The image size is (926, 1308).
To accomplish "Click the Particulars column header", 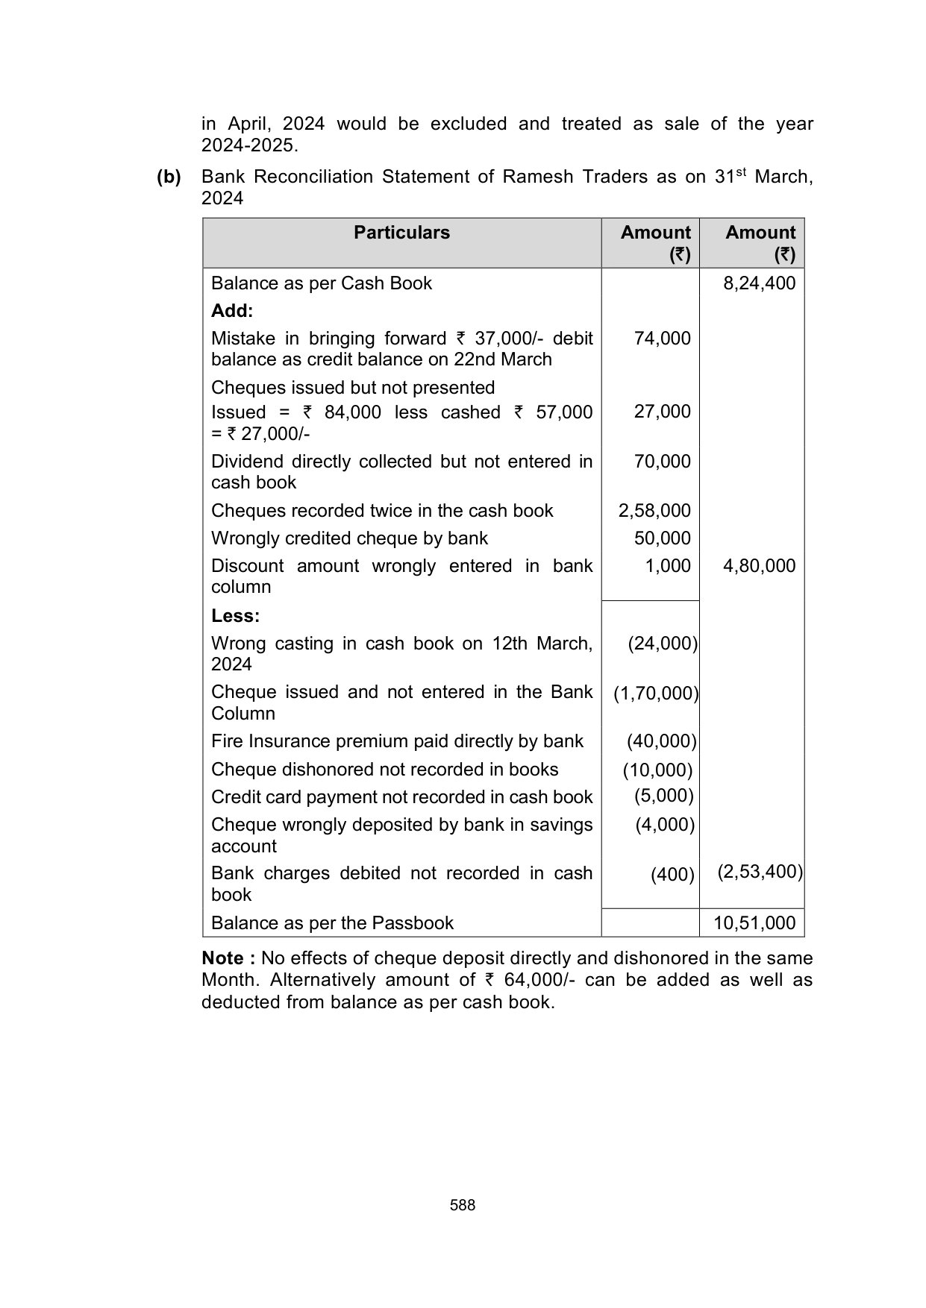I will click(x=401, y=233).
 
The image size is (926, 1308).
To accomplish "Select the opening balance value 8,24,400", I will click(x=759, y=283).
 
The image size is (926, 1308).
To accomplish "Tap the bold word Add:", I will click(x=232, y=310).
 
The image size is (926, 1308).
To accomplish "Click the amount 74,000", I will click(x=662, y=339).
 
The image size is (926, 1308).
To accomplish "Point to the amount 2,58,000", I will click(x=654, y=511).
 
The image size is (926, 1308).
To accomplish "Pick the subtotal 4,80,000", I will click(x=759, y=566).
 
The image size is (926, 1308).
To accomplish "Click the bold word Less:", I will click(x=235, y=616).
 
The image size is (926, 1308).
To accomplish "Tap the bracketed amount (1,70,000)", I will click(x=656, y=694).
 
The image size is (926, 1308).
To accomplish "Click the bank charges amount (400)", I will click(x=672, y=875).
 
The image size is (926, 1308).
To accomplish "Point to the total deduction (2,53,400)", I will click(x=760, y=872).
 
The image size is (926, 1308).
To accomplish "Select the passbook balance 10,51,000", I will click(x=754, y=923).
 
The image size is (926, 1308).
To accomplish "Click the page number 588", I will click(x=463, y=1205).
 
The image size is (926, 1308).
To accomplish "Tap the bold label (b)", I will click(x=169, y=177).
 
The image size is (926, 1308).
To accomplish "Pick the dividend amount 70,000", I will click(x=662, y=462).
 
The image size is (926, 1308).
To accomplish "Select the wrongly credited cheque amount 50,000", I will click(x=662, y=538).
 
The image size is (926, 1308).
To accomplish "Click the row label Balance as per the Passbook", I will click(x=332, y=923).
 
